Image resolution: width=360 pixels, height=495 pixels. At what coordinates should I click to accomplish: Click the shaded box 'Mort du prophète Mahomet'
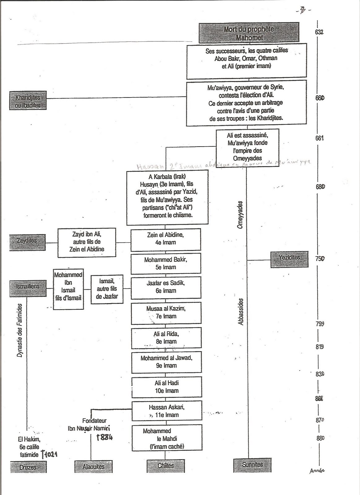(x=249, y=32)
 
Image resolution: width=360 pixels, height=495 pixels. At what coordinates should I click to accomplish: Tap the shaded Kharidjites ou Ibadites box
(x=28, y=100)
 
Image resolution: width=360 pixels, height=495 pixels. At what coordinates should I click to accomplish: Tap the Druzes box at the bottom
(x=28, y=467)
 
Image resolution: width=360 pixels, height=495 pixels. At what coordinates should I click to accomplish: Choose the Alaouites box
(x=93, y=467)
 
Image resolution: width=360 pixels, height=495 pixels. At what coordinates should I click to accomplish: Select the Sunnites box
(x=252, y=465)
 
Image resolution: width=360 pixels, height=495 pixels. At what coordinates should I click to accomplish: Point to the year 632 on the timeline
(x=319, y=32)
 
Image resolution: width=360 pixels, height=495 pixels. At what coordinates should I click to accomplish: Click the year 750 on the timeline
(x=320, y=259)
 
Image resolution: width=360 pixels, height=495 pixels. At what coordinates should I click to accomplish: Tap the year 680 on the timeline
(x=320, y=187)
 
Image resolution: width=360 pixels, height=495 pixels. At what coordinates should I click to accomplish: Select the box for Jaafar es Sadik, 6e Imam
(x=166, y=287)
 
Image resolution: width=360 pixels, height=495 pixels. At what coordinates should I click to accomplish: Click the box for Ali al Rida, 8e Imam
(x=166, y=338)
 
